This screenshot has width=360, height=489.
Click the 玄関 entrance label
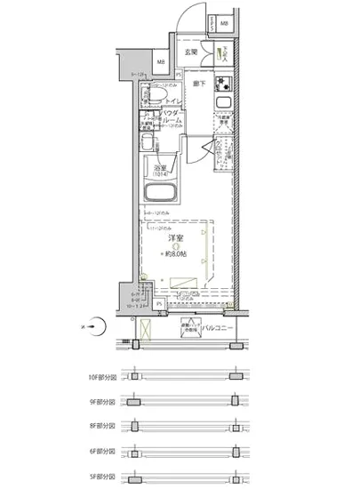click(190, 53)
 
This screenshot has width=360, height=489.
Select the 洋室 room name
click(174, 238)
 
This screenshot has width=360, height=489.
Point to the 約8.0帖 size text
click(177, 253)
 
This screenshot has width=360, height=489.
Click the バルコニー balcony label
click(217, 328)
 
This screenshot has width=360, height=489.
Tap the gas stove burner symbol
click(227, 86)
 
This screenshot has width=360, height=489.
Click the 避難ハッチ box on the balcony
click(188, 325)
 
